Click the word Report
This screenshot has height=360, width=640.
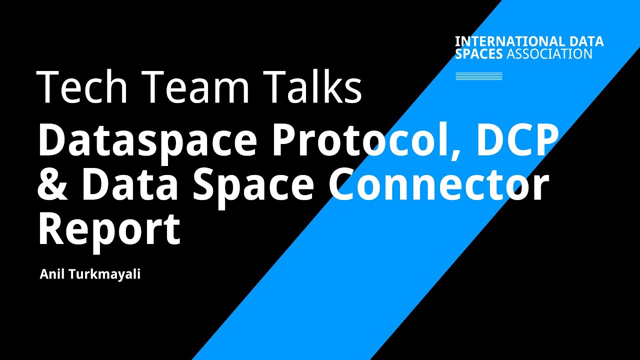[109, 229]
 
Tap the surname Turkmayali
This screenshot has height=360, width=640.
[104, 274]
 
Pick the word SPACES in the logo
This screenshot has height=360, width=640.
[478, 53]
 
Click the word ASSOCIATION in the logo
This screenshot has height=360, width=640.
[549, 53]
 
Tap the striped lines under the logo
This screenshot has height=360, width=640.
[478, 76]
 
